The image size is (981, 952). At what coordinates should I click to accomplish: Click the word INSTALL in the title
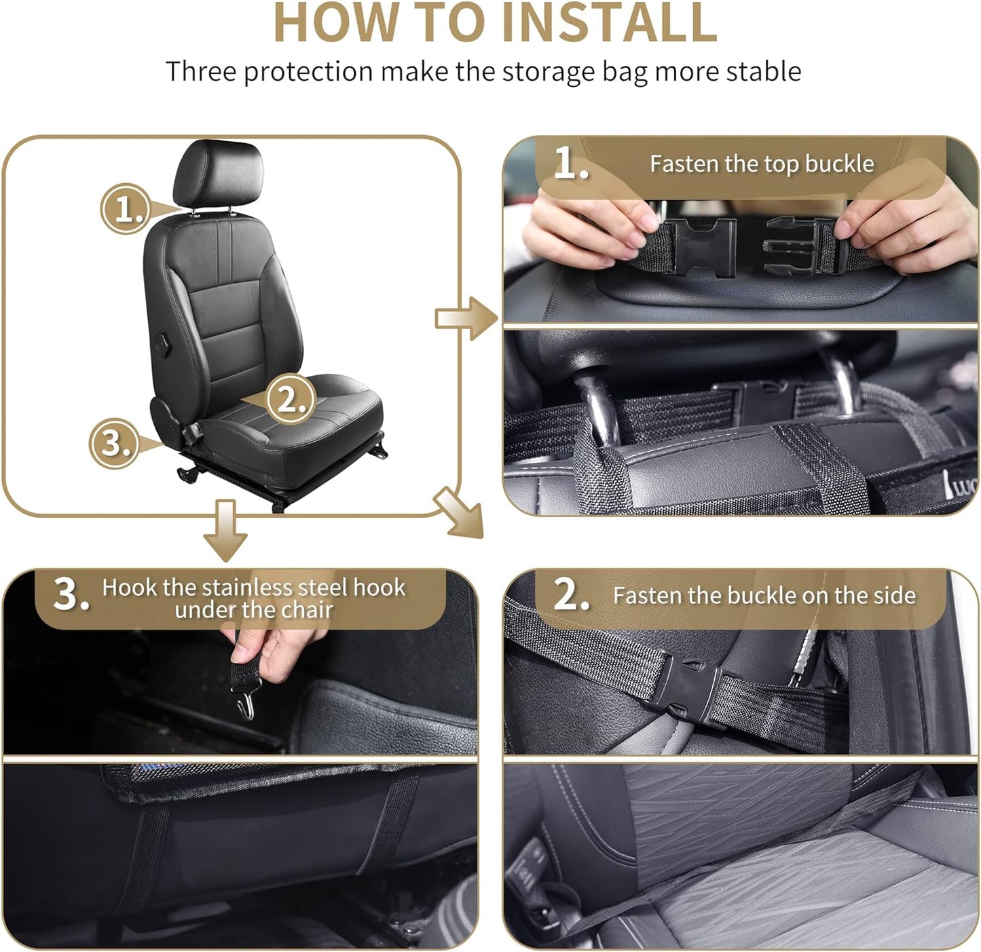click(x=608, y=23)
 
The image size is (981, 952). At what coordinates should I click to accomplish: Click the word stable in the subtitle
click(x=763, y=72)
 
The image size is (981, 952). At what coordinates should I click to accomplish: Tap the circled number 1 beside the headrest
click(x=126, y=209)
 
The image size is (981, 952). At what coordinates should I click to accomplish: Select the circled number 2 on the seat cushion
click(x=291, y=400)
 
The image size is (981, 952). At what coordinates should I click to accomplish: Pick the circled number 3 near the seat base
click(x=114, y=443)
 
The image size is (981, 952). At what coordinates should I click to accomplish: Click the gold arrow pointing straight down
click(x=225, y=530)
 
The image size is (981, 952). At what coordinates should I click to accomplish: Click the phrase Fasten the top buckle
click(x=761, y=164)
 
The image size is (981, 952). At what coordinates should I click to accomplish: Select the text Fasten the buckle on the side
click(x=764, y=596)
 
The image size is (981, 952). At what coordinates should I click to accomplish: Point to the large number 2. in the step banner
click(x=571, y=594)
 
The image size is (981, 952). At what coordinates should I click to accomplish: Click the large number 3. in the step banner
click(x=71, y=594)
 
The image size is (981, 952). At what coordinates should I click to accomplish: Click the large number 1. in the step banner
click(x=570, y=164)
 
